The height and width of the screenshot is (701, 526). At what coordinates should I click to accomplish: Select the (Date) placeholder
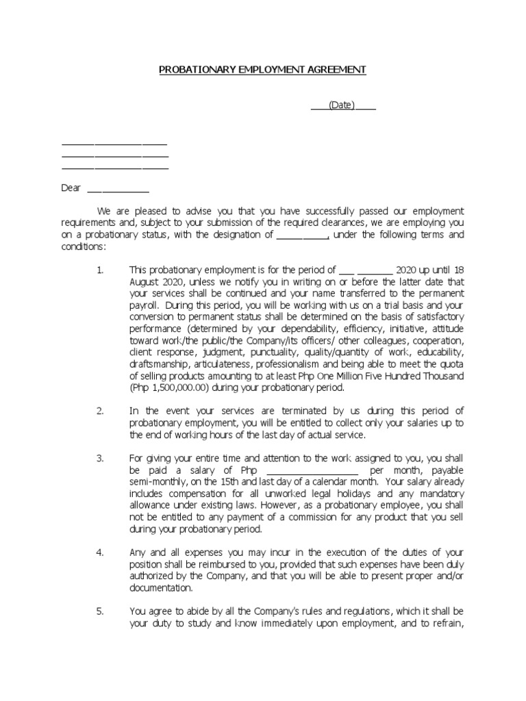click(342, 105)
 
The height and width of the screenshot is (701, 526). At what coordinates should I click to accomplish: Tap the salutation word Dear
click(71, 188)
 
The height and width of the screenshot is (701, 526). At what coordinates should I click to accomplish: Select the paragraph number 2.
click(100, 410)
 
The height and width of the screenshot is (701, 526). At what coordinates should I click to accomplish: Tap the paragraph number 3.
click(100, 457)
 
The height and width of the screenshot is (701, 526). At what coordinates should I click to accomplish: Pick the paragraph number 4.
click(100, 552)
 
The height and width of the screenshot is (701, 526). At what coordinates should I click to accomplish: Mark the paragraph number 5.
click(100, 611)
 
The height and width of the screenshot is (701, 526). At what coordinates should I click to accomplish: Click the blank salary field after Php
click(312, 471)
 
